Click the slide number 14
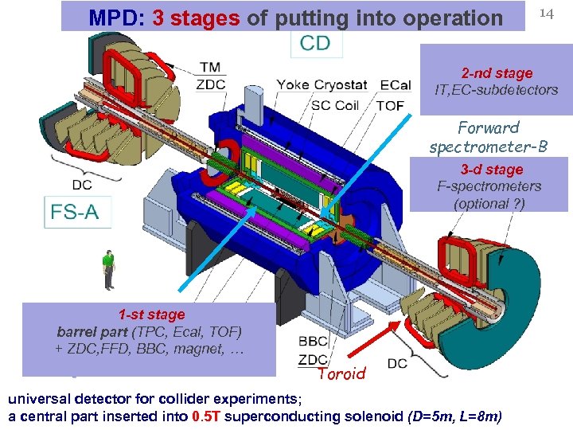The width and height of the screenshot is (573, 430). coord(546,13)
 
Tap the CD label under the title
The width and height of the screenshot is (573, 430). coord(315,43)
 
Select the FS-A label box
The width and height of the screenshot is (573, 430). coord(77,213)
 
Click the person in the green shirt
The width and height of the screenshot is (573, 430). coord(108,269)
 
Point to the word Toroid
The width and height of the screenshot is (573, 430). coord(341,373)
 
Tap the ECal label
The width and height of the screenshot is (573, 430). coord(396,85)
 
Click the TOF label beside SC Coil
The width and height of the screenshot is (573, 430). coord(390,104)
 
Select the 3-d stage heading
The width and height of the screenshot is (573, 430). coord(492,170)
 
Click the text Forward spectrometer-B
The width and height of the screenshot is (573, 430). coord(489,137)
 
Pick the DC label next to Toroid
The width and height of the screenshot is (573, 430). coord(399,364)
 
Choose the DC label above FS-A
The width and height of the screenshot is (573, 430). coord(82,185)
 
